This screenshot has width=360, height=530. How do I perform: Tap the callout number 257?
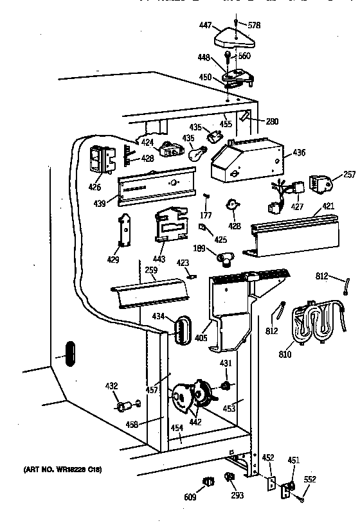[349, 175]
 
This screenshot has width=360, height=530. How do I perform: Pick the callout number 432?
[111, 386]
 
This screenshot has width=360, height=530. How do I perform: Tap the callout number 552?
[309, 479]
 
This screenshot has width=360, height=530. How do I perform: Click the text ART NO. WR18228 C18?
[62, 470]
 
